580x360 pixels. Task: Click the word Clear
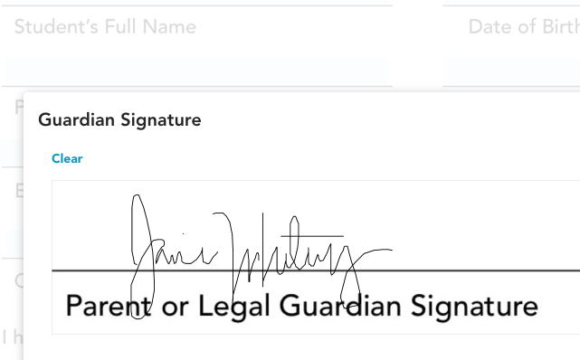[67, 158]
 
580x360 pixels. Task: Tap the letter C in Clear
[55, 158]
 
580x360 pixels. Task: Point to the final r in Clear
[80, 159]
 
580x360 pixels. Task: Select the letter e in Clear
[66, 159]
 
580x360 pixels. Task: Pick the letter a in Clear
[73, 159]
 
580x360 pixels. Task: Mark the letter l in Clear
[61, 158]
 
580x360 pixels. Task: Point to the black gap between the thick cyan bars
[416, 70]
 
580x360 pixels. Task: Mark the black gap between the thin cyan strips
[416, 2]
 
